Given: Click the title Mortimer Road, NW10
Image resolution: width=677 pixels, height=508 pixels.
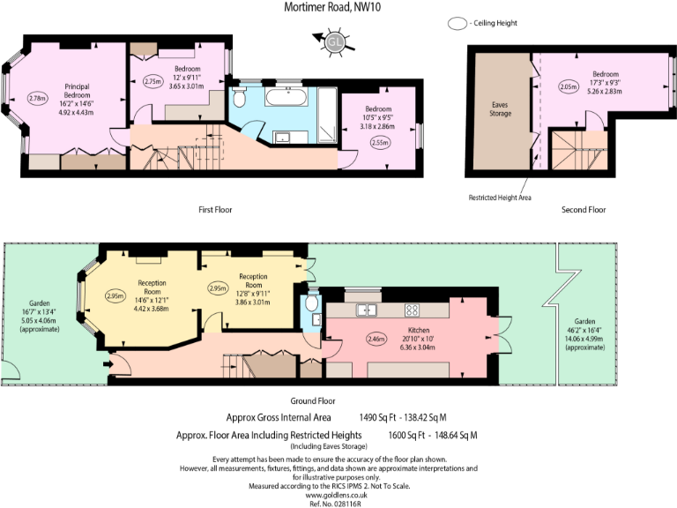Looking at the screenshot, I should (x=338, y=8).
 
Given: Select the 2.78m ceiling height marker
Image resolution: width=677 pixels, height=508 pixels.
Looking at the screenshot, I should (x=38, y=98).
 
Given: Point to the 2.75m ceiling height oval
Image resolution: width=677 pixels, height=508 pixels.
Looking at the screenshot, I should (x=153, y=80).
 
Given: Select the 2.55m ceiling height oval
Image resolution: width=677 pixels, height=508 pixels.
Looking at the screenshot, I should (x=380, y=141).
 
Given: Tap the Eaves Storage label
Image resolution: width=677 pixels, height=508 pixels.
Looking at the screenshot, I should (x=500, y=108).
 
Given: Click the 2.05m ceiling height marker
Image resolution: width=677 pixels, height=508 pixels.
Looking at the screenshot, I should (x=569, y=87).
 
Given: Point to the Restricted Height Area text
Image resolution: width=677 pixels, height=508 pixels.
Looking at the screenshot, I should (x=499, y=198).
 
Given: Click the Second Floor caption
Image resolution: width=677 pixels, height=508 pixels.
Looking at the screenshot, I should (x=584, y=210).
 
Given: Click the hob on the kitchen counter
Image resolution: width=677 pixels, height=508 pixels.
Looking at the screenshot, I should (x=412, y=310).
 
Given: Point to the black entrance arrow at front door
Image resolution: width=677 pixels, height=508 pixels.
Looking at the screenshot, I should (x=108, y=361).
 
